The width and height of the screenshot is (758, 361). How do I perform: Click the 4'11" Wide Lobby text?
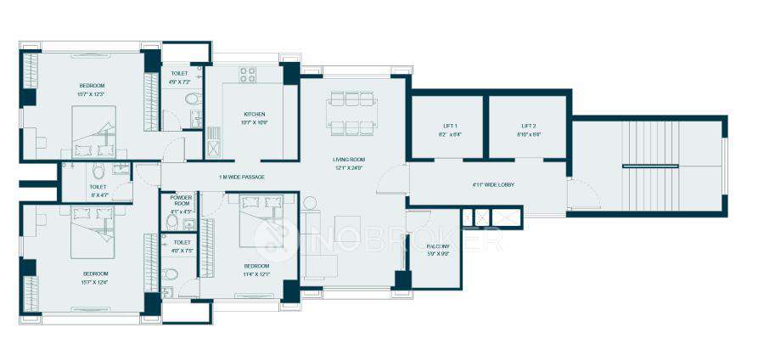493,184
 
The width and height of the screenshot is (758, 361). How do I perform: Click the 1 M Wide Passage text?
241,177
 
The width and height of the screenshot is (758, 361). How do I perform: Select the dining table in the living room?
351,115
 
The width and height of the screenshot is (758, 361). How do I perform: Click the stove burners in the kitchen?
247,75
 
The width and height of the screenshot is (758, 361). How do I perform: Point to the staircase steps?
645,165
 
